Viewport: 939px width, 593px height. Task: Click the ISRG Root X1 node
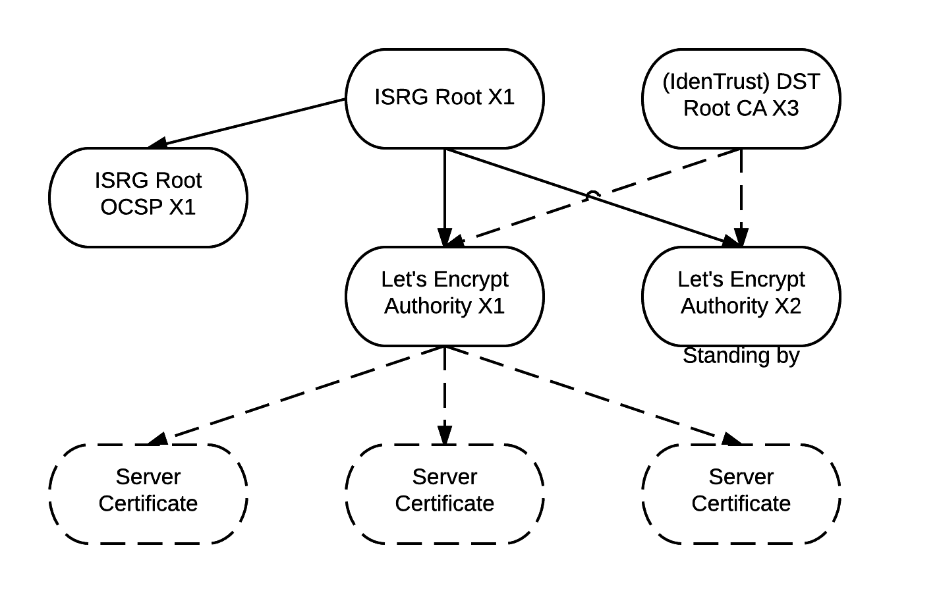(445, 98)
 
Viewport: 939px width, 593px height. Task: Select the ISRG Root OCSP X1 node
(148, 197)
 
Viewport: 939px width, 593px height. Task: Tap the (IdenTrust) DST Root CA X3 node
(741, 98)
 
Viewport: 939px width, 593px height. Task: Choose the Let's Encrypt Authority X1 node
(445, 296)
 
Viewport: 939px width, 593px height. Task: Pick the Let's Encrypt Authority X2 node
(741, 296)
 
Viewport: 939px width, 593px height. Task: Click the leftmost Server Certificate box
(148, 494)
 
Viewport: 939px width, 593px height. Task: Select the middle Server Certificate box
(445, 494)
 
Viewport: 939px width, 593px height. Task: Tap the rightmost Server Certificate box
(741, 494)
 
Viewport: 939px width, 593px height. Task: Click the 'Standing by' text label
(741, 356)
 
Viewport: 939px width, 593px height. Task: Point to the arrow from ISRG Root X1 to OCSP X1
(247, 123)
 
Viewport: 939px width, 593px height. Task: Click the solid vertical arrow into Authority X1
(445, 191)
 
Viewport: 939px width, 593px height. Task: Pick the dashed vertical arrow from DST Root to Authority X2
(741, 191)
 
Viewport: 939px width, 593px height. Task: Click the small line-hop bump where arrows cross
(592, 195)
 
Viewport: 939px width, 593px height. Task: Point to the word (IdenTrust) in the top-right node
(716, 82)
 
